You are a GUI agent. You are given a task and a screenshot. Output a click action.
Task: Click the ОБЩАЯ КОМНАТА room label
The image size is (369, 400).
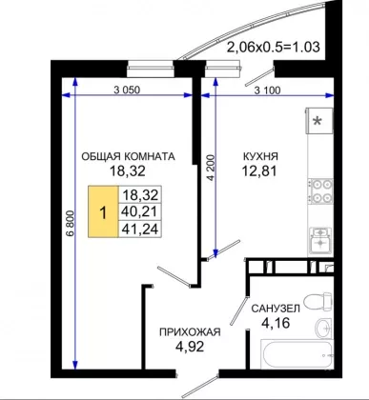[128, 156]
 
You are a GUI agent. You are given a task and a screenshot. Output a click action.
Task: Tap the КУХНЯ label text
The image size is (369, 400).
[260, 156]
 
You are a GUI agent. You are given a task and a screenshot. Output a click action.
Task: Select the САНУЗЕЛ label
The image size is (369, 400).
[276, 309]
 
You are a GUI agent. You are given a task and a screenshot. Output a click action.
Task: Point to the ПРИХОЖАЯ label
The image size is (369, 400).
[190, 332]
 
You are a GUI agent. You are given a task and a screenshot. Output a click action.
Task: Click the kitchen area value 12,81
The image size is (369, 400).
[259, 171]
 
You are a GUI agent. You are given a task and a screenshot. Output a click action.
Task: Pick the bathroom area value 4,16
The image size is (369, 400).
[276, 323]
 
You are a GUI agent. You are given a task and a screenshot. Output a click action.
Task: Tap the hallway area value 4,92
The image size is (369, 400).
[190, 347]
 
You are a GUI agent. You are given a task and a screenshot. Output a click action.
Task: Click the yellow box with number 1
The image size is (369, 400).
[103, 211]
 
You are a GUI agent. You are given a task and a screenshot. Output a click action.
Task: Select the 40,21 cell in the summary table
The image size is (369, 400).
[140, 211]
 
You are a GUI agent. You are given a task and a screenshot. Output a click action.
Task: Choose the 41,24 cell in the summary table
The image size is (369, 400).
[140, 229]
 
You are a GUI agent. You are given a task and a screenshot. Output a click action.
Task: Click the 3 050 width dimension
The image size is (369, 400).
[127, 90]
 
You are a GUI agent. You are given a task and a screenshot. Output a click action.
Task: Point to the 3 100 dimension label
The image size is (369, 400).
[268, 90]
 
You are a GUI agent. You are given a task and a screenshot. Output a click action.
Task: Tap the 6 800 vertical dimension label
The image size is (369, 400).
[71, 223]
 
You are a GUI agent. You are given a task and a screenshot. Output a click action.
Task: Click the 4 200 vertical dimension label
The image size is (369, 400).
[211, 168]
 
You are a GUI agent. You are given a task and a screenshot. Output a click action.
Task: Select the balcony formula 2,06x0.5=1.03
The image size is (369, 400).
[273, 47]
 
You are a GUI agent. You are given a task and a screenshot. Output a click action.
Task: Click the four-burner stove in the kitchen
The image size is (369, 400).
[320, 191]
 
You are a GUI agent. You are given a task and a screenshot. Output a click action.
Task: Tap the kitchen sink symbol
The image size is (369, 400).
[320, 240]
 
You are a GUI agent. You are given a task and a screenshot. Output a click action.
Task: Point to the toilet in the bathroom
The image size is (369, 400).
[318, 301]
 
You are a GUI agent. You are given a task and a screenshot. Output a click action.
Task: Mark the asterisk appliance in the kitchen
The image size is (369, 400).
[319, 121]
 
